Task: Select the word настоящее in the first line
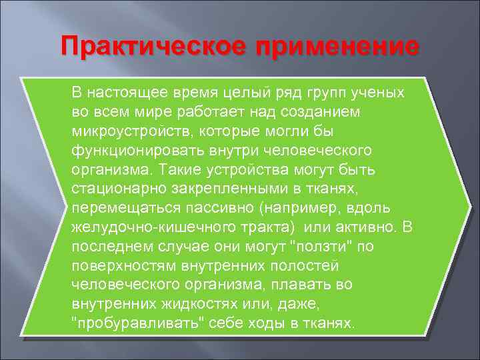[x=125, y=91]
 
